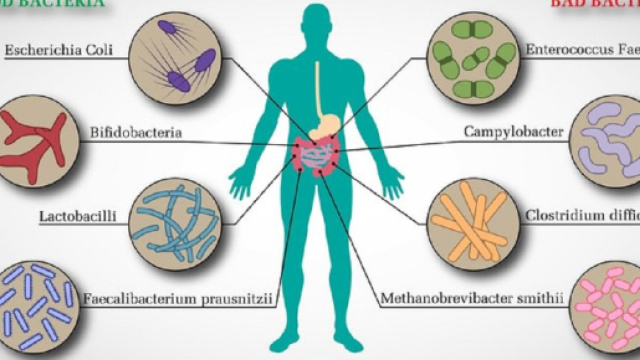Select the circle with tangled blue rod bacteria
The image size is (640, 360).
click(168, 217)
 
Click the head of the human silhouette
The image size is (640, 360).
click(317, 25)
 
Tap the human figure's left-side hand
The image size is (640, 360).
click(241, 182)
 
